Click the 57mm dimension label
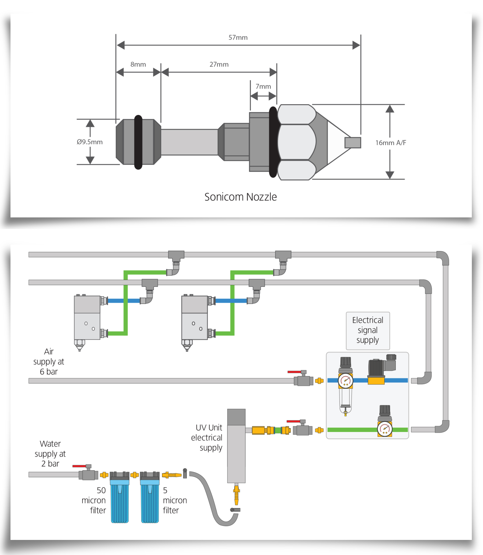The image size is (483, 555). (238, 38)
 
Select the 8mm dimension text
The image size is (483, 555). (138, 64)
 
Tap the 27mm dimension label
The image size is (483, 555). (219, 64)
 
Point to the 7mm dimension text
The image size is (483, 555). (263, 86)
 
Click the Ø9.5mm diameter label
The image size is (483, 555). (90, 142)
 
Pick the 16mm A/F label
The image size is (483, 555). (390, 143)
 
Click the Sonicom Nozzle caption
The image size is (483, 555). (240, 197)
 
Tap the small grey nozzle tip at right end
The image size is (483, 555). (353, 143)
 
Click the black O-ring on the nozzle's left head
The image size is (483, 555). (138, 142)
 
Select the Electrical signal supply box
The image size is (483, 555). (368, 330)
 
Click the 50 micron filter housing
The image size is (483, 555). (120, 499)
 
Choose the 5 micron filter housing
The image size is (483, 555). (150, 499)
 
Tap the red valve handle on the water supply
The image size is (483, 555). (80, 466)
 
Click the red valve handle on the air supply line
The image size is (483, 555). (294, 372)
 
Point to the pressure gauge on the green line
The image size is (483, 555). (385, 429)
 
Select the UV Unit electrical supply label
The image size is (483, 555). (207, 437)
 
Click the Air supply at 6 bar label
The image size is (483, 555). (49, 362)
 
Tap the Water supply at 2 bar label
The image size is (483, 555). (50, 453)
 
